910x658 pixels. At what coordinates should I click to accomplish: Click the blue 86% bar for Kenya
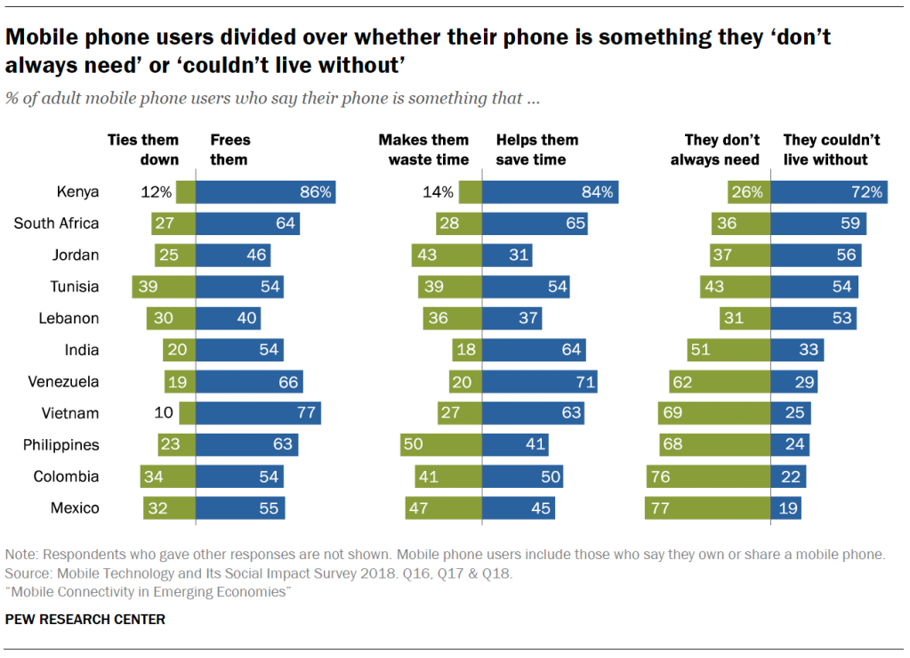point(265,191)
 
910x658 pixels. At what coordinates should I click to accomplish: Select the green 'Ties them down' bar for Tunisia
point(164,287)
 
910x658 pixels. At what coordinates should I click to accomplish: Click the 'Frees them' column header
point(230,150)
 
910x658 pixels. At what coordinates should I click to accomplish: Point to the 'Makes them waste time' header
point(423,150)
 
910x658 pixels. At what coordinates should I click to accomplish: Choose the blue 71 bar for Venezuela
point(539,382)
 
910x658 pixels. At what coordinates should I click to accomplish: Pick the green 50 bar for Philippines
point(441,445)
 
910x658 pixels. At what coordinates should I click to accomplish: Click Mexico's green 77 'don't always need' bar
point(707,508)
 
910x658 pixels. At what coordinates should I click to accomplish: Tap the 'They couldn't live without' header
point(831,150)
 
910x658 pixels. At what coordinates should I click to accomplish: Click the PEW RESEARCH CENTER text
point(85,619)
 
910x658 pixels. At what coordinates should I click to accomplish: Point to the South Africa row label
point(56,223)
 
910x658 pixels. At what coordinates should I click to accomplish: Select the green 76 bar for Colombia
point(708,477)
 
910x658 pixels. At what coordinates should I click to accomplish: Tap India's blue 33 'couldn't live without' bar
point(798,350)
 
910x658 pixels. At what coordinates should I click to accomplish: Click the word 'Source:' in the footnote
point(28,573)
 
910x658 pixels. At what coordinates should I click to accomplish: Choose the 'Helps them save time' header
point(537,150)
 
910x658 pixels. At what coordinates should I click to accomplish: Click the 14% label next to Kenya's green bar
point(439,191)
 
